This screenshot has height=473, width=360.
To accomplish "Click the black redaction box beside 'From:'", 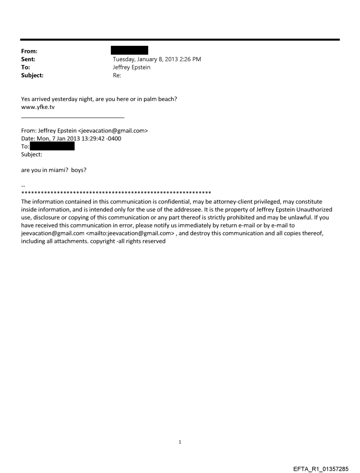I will point(129,50).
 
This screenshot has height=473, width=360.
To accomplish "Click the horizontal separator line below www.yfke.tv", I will point(73,117).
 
